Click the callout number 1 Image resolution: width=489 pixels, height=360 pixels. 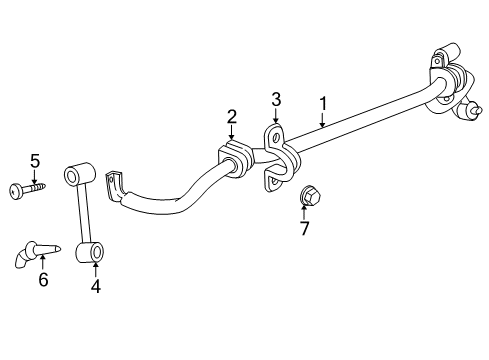click(x=323, y=102)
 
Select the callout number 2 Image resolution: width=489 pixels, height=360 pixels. click(x=231, y=117)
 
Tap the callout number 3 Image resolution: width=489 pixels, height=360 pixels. click(x=277, y=99)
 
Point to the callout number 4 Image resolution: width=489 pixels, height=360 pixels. click(x=95, y=285)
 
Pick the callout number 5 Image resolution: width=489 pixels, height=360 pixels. click(x=34, y=160)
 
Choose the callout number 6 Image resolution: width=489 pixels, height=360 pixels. click(x=43, y=280)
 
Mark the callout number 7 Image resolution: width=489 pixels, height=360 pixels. click(x=305, y=229)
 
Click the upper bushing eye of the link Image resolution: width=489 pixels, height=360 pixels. click(x=74, y=177)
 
